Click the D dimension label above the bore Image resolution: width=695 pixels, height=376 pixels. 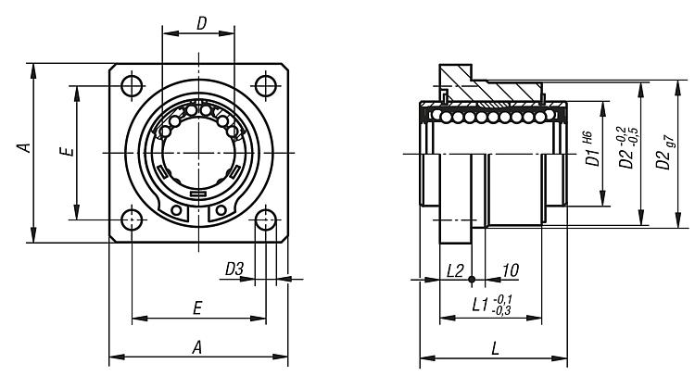(x=201, y=24)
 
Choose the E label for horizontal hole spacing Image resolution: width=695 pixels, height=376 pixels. (x=198, y=308)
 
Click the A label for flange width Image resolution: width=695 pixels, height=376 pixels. (x=196, y=346)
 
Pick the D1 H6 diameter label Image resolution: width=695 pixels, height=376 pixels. (x=591, y=151)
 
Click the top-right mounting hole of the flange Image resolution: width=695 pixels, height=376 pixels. (x=266, y=85)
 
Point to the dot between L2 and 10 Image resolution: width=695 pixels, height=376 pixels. (x=472, y=279)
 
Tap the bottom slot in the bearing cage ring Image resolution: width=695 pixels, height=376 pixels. (x=198, y=194)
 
